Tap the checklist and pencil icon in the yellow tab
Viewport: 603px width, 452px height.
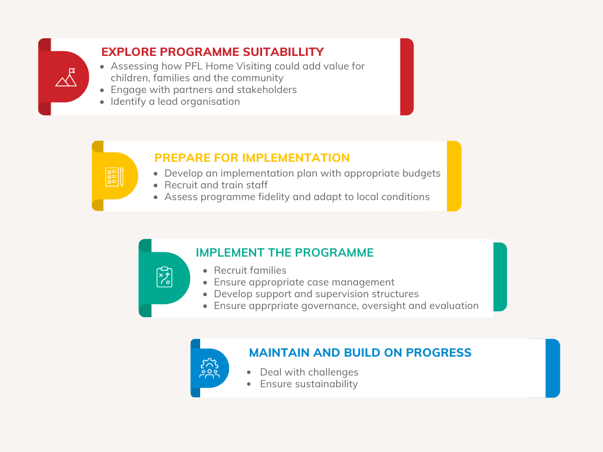pos(114,177)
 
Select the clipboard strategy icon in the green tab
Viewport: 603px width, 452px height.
pos(165,277)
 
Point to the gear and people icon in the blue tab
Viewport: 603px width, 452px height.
pos(210,368)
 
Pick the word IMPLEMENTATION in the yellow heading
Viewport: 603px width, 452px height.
pos(296,158)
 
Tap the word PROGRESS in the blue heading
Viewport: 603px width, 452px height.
pos(438,353)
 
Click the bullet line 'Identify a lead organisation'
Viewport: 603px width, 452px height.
pos(175,101)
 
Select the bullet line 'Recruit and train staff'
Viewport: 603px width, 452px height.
pos(216,185)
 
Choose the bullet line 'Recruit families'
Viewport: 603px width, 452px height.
pos(250,270)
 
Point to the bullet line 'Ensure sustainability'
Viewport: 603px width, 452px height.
pos(309,384)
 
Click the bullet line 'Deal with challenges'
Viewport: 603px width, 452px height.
pos(309,372)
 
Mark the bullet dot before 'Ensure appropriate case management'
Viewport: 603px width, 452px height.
pos(206,283)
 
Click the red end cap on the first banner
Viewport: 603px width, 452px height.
pos(407,77)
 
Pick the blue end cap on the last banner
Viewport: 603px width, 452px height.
pos(552,368)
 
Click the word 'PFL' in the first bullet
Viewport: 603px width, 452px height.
pos(194,66)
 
